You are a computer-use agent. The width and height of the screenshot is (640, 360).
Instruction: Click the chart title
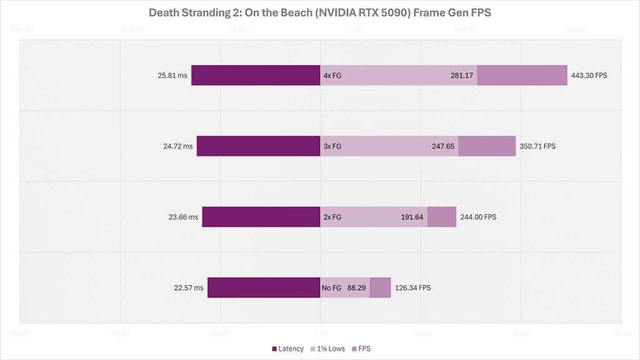coord(319,13)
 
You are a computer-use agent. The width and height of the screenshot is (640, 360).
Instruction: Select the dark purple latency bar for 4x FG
coord(256,75)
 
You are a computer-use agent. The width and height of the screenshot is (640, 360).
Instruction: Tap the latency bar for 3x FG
coord(258,146)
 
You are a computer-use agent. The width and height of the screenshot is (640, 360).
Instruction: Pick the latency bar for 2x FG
coord(261,217)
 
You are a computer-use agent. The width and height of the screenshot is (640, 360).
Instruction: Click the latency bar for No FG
coord(264,287)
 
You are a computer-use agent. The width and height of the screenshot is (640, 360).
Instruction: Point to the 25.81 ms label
coord(172,75)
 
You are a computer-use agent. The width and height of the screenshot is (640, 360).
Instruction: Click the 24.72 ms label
coord(178,146)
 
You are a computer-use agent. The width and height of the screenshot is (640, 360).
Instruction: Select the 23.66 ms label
coord(184,217)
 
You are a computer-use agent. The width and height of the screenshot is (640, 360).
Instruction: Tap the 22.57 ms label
coord(189,287)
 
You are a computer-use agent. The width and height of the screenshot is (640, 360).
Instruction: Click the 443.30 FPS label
coord(589,75)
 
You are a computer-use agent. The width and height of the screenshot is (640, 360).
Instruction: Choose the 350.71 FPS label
coord(537,146)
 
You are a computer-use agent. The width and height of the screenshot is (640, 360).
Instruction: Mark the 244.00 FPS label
coord(478,217)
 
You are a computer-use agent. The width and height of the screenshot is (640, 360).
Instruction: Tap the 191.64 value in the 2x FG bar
coord(412,217)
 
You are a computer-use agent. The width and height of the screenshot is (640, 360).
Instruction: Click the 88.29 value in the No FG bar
coord(356,287)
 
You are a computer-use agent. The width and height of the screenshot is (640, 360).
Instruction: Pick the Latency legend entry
coord(288,348)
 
